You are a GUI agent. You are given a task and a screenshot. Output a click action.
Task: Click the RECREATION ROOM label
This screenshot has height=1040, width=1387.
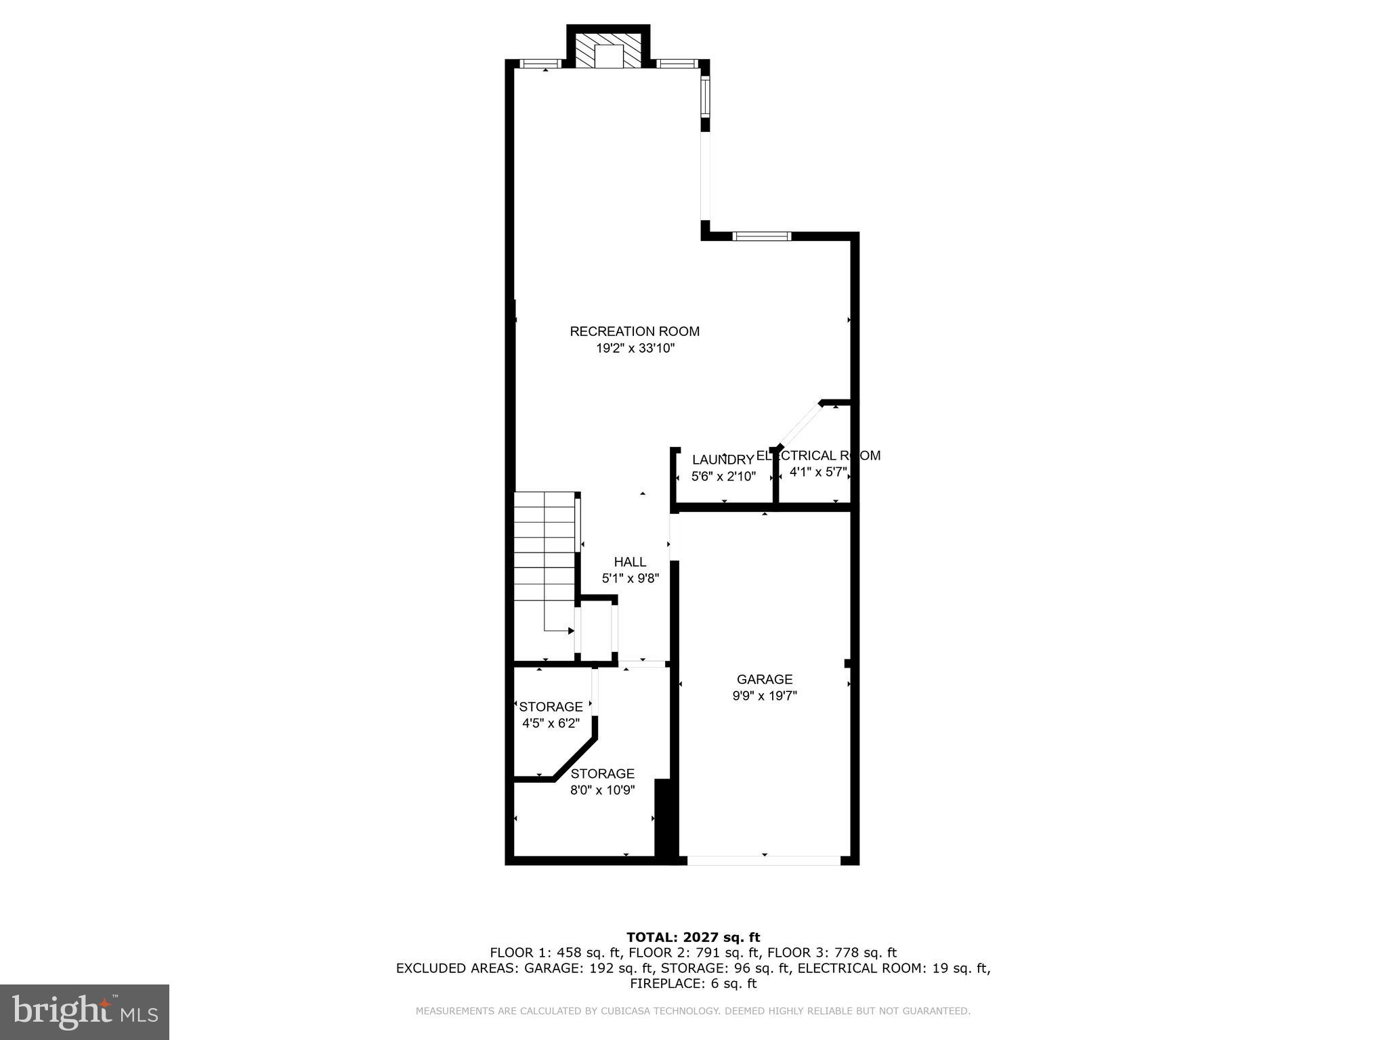(635, 332)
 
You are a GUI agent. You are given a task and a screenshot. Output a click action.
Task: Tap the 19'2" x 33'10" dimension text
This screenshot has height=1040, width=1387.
(635, 349)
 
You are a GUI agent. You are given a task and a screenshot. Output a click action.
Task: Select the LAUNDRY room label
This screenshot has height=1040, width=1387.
(723, 460)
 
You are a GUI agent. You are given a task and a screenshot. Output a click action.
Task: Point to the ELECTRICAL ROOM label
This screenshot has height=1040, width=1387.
(818, 456)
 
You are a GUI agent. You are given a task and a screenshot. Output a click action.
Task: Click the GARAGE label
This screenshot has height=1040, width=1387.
(765, 679)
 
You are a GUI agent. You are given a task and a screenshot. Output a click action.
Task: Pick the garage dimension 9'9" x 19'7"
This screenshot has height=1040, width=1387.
(765, 696)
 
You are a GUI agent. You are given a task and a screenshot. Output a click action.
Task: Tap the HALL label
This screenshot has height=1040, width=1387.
(630, 562)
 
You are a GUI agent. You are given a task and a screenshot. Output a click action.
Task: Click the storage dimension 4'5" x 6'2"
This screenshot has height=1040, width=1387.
(551, 723)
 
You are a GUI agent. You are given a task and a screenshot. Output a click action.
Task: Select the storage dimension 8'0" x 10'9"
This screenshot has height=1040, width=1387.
(602, 789)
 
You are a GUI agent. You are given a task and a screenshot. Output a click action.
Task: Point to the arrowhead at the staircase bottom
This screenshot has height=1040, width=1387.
(571, 631)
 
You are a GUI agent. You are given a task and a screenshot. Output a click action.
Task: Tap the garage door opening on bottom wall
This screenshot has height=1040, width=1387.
(764, 861)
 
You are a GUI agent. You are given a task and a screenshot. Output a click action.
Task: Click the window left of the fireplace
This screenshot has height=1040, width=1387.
(540, 64)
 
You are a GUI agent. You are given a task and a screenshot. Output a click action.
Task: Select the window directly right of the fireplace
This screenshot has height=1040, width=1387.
(678, 64)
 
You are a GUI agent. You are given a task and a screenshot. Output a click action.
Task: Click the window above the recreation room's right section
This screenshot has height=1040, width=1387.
(762, 236)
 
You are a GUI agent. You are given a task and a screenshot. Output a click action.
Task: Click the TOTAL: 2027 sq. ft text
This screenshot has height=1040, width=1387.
(693, 938)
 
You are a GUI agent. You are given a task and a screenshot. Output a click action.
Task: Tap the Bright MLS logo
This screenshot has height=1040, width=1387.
(85, 1012)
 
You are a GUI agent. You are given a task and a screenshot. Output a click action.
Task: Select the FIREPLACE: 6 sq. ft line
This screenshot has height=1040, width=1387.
(693, 984)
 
